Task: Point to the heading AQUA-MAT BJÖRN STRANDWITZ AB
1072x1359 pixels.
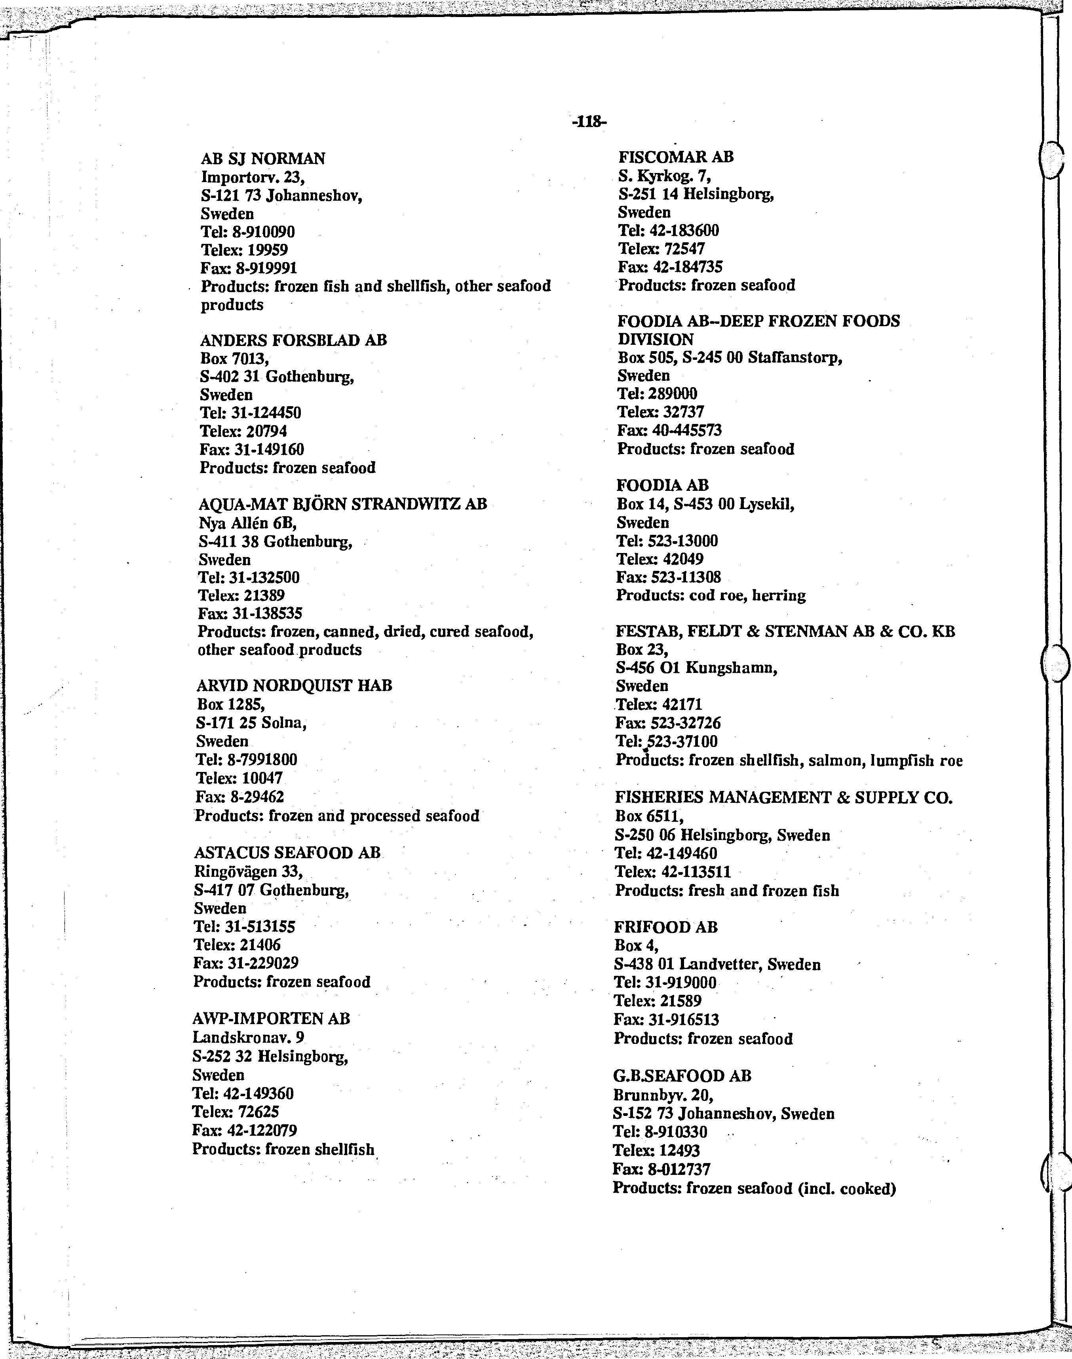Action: point(343,504)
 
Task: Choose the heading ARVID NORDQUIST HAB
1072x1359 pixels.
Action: point(295,686)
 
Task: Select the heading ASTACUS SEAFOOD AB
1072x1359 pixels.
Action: point(287,852)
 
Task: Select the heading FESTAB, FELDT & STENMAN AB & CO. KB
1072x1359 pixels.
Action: point(785,631)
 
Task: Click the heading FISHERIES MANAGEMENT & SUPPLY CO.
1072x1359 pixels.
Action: point(784,798)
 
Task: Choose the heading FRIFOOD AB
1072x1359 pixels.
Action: point(665,927)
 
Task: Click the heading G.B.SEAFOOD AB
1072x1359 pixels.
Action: point(682,1076)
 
